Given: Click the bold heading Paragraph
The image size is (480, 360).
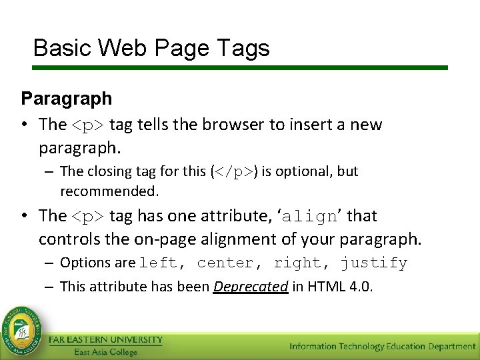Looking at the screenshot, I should [x=67, y=99].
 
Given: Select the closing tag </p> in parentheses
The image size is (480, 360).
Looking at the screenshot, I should [x=235, y=171].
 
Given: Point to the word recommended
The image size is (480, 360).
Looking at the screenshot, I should [x=109, y=192].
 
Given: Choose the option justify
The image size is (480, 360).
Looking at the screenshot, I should [x=373, y=263].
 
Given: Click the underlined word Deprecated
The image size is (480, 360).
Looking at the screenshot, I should [x=251, y=287].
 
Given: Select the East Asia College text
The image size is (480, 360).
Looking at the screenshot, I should [x=105, y=352].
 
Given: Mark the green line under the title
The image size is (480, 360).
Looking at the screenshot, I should [x=240, y=67].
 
